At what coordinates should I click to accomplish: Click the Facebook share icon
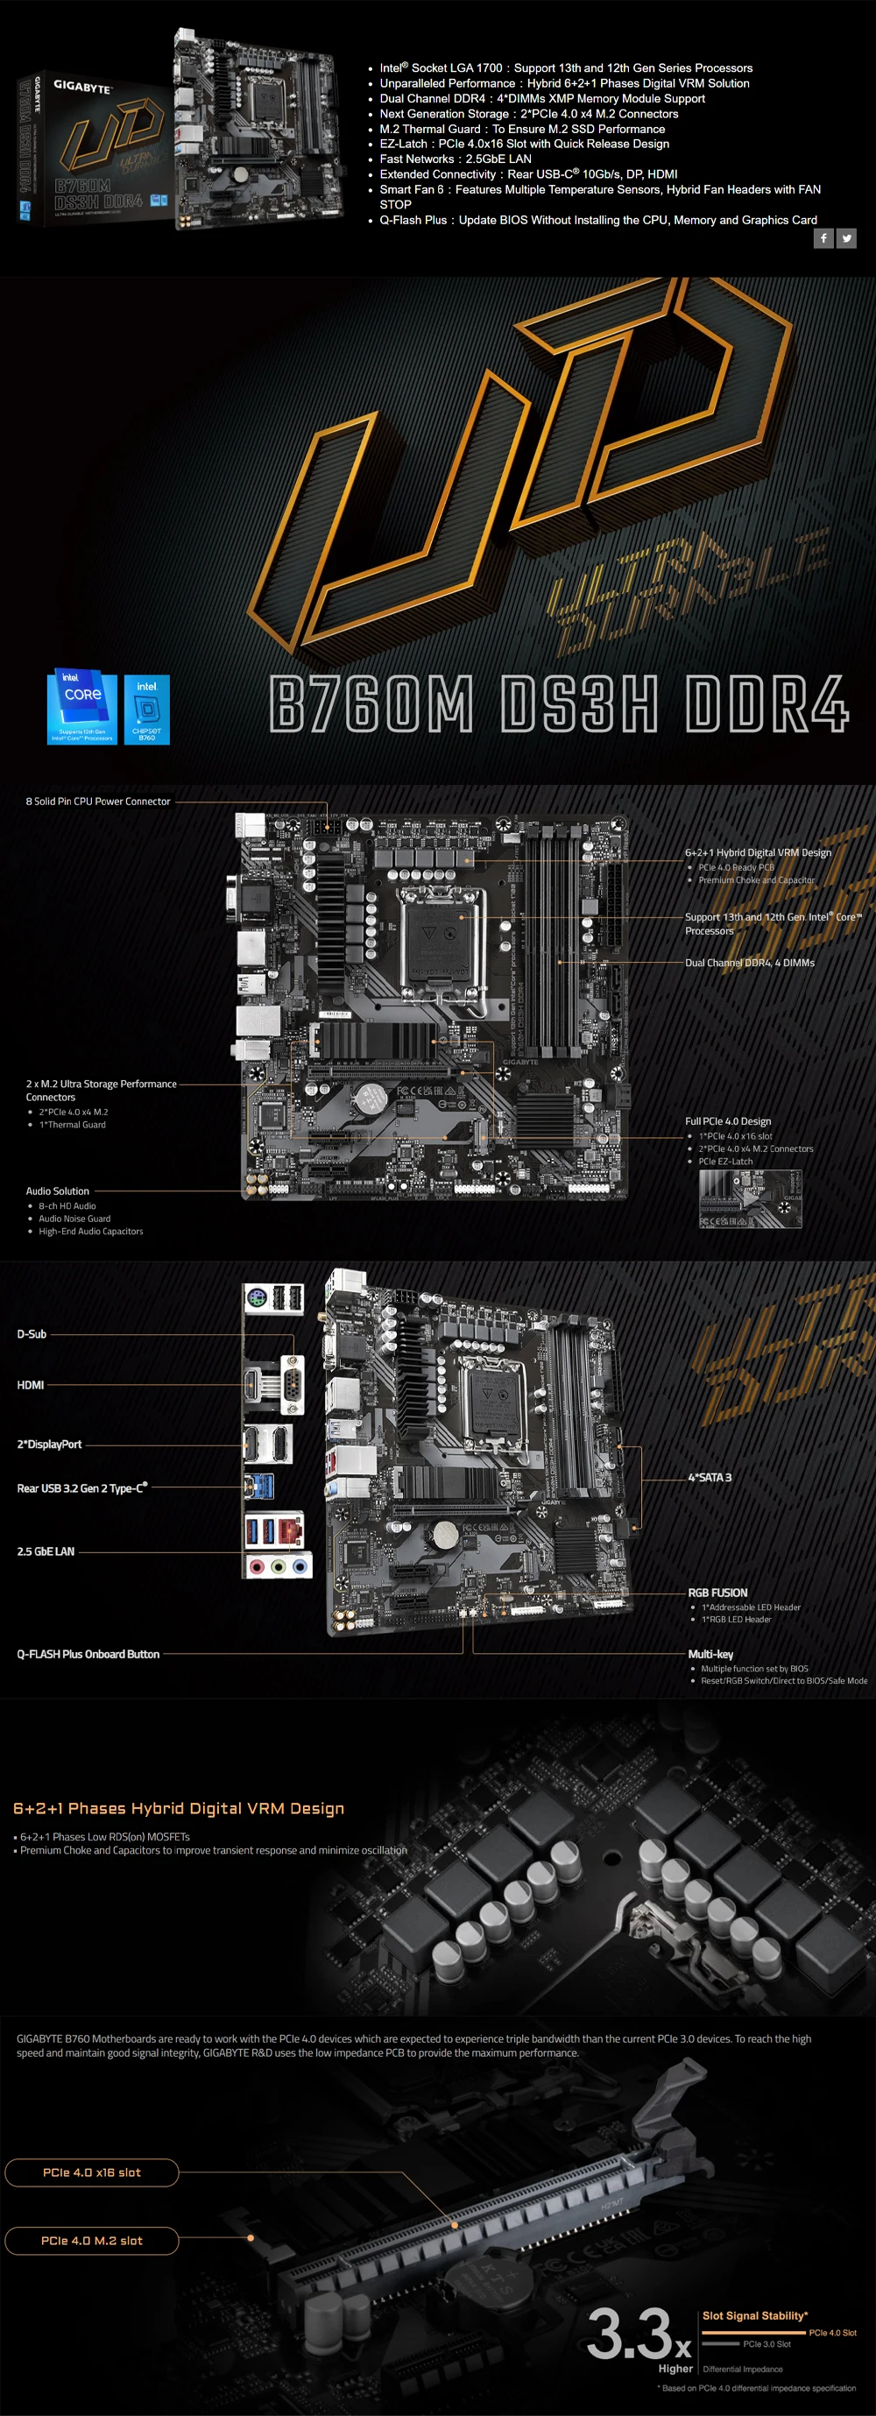(x=823, y=238)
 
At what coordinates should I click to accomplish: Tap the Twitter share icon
(x=846, y=238)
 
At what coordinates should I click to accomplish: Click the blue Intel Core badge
(x=82, y=709)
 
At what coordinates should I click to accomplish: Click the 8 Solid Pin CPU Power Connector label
(x=98, y=802)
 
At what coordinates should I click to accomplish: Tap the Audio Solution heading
(x=57, y=1191)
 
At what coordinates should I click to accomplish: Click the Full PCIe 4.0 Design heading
(x=728, y=1121)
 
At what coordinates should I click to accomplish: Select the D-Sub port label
(x=32, y=1333)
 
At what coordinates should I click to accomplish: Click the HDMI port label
(x=31, y=1385)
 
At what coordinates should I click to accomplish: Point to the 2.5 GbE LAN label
(x=46, y=1551)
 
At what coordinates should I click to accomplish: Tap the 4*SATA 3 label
(x=710, y=1477)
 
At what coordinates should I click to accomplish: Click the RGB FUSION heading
(x=717, y=1593)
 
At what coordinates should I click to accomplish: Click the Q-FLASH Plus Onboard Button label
(x=88, y=1655)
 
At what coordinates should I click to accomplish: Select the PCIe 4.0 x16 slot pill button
(x=92, y=2172)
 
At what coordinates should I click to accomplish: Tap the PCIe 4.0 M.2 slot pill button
(x=92, y=2241)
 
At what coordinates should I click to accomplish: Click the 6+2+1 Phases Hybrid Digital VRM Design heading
(x=179, y=1808)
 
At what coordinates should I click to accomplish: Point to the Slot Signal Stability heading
(x=755, y=2315)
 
